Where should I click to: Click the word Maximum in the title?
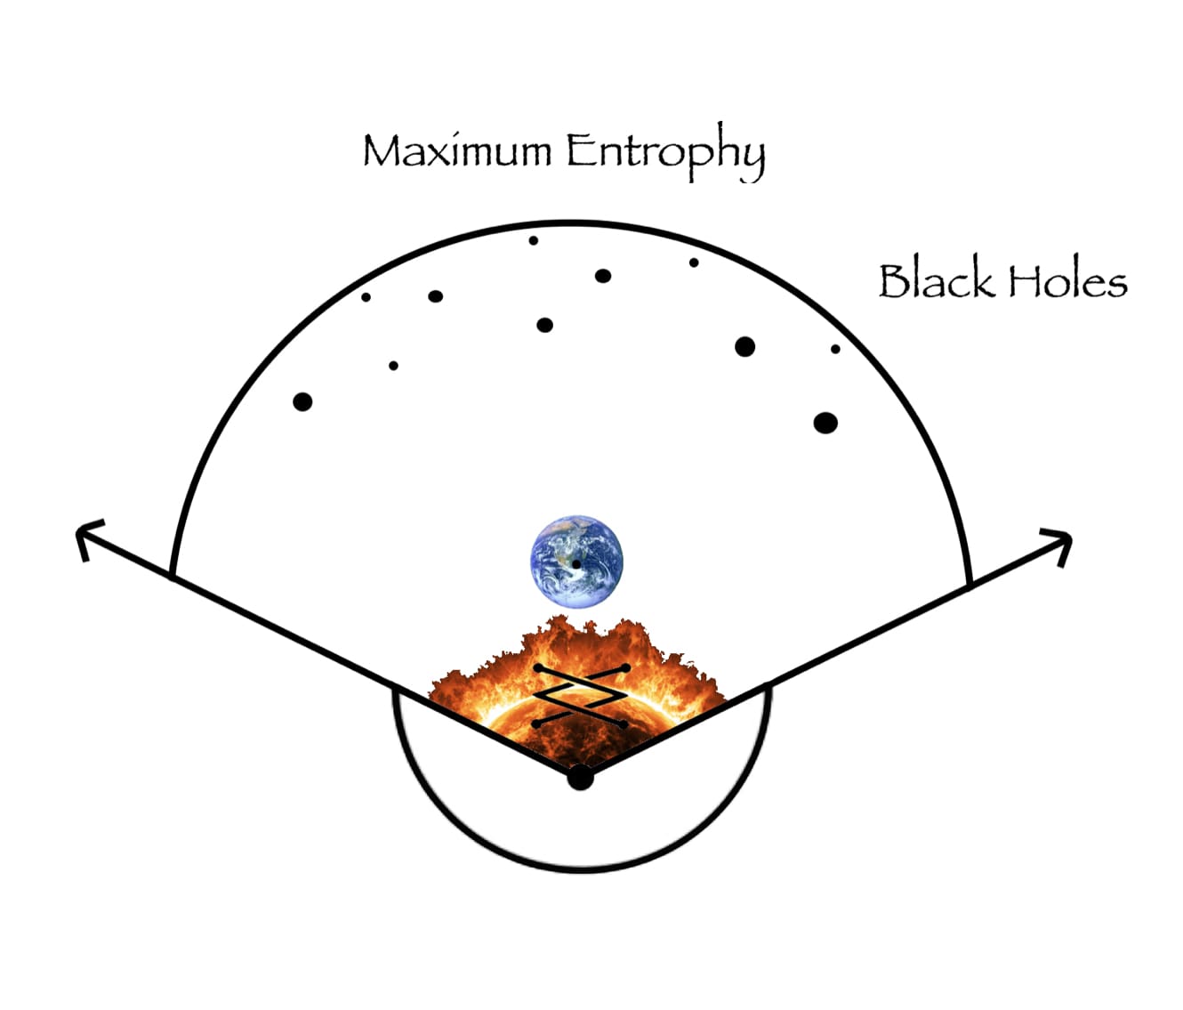click(x=457, y=150)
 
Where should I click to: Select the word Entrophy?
click(x=665, y=152)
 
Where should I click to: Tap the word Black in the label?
click(x=936, y=280)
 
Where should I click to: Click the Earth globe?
click(x=576, y=562)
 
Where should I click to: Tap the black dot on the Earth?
click(x=576, y=564)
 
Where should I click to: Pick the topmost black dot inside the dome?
click(x=534, y=240)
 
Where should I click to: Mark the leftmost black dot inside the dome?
click(x=302, y=402)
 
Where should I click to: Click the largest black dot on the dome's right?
click(x=825, y=423)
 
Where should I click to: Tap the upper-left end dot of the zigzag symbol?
click(x=537, y=667)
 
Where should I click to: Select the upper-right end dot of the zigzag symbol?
click(x=626, y=667)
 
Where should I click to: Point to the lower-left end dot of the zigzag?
click(x=535, y=724)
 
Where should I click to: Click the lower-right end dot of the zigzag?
click(x=624, y=724)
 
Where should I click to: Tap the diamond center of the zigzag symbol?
click(x=580, y=696)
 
